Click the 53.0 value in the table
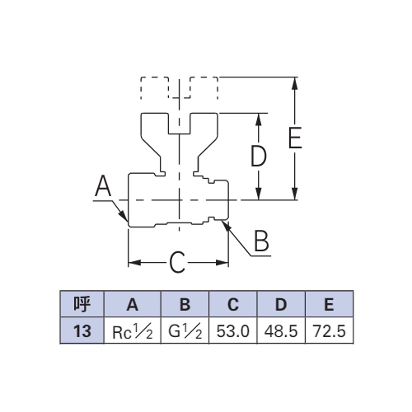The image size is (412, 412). tap(232, 331)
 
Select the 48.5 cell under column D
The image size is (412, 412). tap(281, 331)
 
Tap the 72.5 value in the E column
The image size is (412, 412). tap(329, 331)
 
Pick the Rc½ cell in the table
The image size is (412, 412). tap(133, 332)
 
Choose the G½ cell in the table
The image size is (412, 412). tap(185, 331)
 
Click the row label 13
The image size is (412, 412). tap(82, 331)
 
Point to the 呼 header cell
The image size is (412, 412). tap(82, 304)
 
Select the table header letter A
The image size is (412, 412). tap(133, 305)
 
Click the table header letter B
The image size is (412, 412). tap(185, 305)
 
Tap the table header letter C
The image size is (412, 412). tap(233, 305)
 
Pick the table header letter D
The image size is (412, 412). tap(281, 305)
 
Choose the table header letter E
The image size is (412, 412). tap(329, 305)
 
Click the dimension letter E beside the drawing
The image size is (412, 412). tap(295, 138)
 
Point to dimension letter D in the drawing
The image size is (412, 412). tap(259, 156)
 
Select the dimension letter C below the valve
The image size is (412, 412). tap(177, 263)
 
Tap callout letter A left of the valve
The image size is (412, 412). tap(103, 185)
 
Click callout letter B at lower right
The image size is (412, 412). tap(261, 241)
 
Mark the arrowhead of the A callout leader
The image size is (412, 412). tap(124, 217)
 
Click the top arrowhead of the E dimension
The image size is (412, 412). tap(295, 83)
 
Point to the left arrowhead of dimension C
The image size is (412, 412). tap(134, 263)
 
